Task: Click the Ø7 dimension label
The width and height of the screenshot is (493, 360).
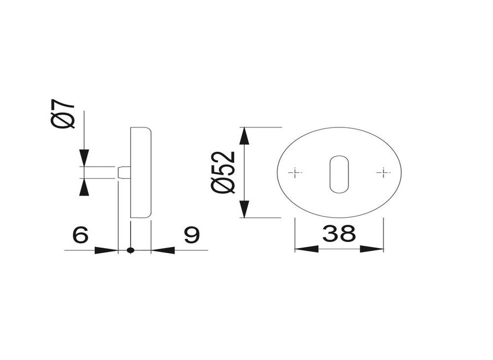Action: pos(63,114)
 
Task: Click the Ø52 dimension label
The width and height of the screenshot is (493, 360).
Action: pos(223,172)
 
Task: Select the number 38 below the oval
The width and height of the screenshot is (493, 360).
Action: pos(338,234)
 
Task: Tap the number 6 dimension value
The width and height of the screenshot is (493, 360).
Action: pos(80,235)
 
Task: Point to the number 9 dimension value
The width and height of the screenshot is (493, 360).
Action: pos(191,235)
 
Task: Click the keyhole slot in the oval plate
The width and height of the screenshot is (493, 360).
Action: pos(339,174)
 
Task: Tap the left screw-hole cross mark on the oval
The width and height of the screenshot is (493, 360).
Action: pos(295,173)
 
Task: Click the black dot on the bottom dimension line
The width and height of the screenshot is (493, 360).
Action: pos(131,250)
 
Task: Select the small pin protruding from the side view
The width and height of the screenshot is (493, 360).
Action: pos(125,172)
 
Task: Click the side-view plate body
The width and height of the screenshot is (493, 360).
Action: pos(141,172)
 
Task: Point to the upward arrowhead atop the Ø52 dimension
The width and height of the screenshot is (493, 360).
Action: pos(244,136)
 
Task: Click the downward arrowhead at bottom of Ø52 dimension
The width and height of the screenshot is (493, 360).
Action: pos(244,209)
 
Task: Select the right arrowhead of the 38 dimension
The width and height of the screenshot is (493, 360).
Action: pos(372,249)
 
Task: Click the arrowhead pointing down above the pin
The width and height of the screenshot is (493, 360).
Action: pos(84,157)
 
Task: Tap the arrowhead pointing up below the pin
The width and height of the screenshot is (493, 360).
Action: pos(84,187)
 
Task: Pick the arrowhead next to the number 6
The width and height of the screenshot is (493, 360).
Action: pos(106,250)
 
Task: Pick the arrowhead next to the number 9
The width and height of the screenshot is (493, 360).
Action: pos(163,250)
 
